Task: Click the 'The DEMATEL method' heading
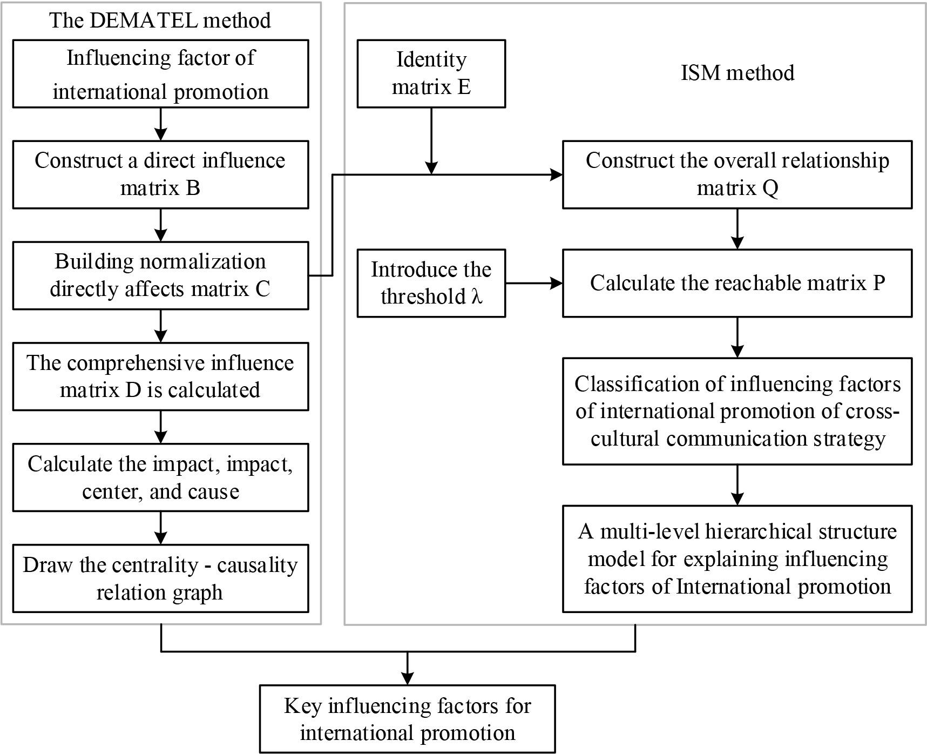tap(160, 21)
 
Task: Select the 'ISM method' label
tap(737, 72)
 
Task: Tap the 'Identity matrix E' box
tap(431, 73)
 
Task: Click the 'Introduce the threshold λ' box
tap(431, 283)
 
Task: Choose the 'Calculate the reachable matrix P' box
tap(737, 283)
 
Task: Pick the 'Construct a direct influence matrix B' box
tap(160, 174)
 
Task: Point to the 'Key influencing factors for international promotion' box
tap(407, 719)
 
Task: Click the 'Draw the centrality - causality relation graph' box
tap(160, 578)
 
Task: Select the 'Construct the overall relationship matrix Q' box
tap(737, 174)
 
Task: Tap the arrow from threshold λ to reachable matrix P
tap(533, 283)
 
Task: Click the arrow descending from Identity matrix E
tap(431, 140)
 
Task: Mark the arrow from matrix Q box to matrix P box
tap(737, 228)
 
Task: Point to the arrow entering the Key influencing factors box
tap(407, 670)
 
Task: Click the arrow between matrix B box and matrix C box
tap(160, 225)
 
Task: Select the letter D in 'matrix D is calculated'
tap(133, 390)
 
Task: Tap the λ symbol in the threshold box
tap(476, 297)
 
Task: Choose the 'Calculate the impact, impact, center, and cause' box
tap(160, 477)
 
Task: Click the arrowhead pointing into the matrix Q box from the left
tap(556, 174)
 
